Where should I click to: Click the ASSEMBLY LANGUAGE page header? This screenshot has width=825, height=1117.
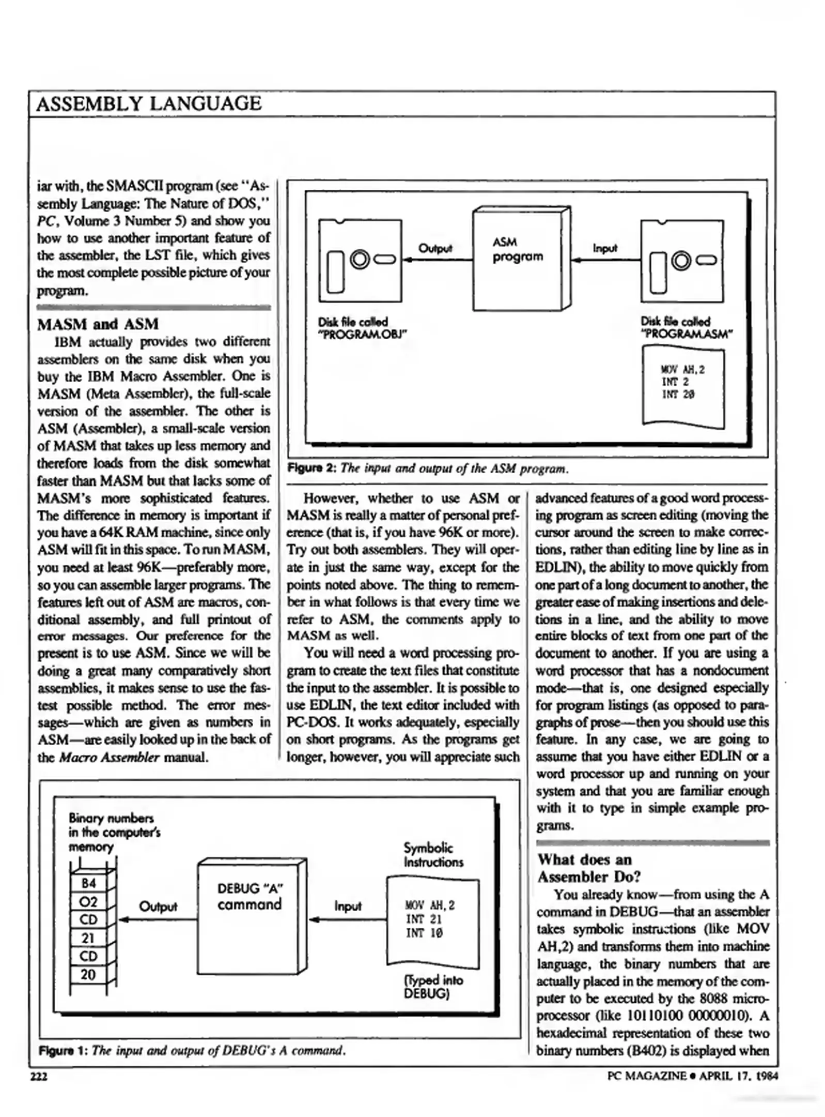tap(149, 104)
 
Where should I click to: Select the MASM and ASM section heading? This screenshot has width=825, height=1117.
tap(98, 324)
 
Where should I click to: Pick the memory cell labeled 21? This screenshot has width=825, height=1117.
tap(88, 938)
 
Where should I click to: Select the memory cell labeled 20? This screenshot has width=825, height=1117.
tap(88, 974)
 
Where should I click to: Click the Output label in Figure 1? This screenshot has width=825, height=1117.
tap(158, 907)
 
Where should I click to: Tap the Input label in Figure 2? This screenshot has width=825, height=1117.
tap(604, 248)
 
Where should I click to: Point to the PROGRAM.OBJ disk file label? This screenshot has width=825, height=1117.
tap(362, 328)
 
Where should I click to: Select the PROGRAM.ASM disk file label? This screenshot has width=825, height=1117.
tap(686, 328)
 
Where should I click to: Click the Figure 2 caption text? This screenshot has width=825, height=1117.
tap(428, 469)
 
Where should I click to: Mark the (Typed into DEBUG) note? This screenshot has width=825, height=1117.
tap(433, 987)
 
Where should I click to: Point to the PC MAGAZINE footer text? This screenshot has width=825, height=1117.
tap(692, 1076)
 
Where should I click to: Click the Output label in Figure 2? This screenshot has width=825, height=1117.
tap(435, 248)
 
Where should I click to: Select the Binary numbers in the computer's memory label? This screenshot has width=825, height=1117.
tap(114, 832)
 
